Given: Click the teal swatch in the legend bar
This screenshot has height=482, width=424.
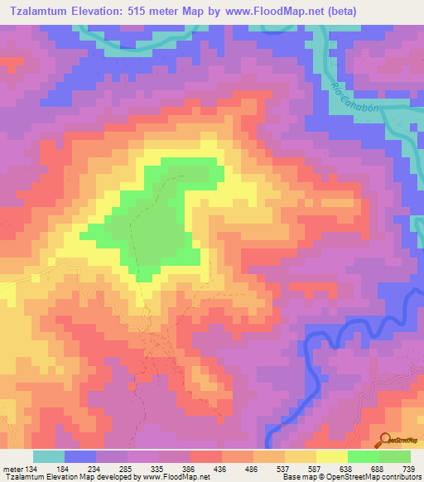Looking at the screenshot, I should [x=49, y=456].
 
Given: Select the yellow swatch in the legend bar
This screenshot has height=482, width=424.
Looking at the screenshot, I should [x=331, y=456].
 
